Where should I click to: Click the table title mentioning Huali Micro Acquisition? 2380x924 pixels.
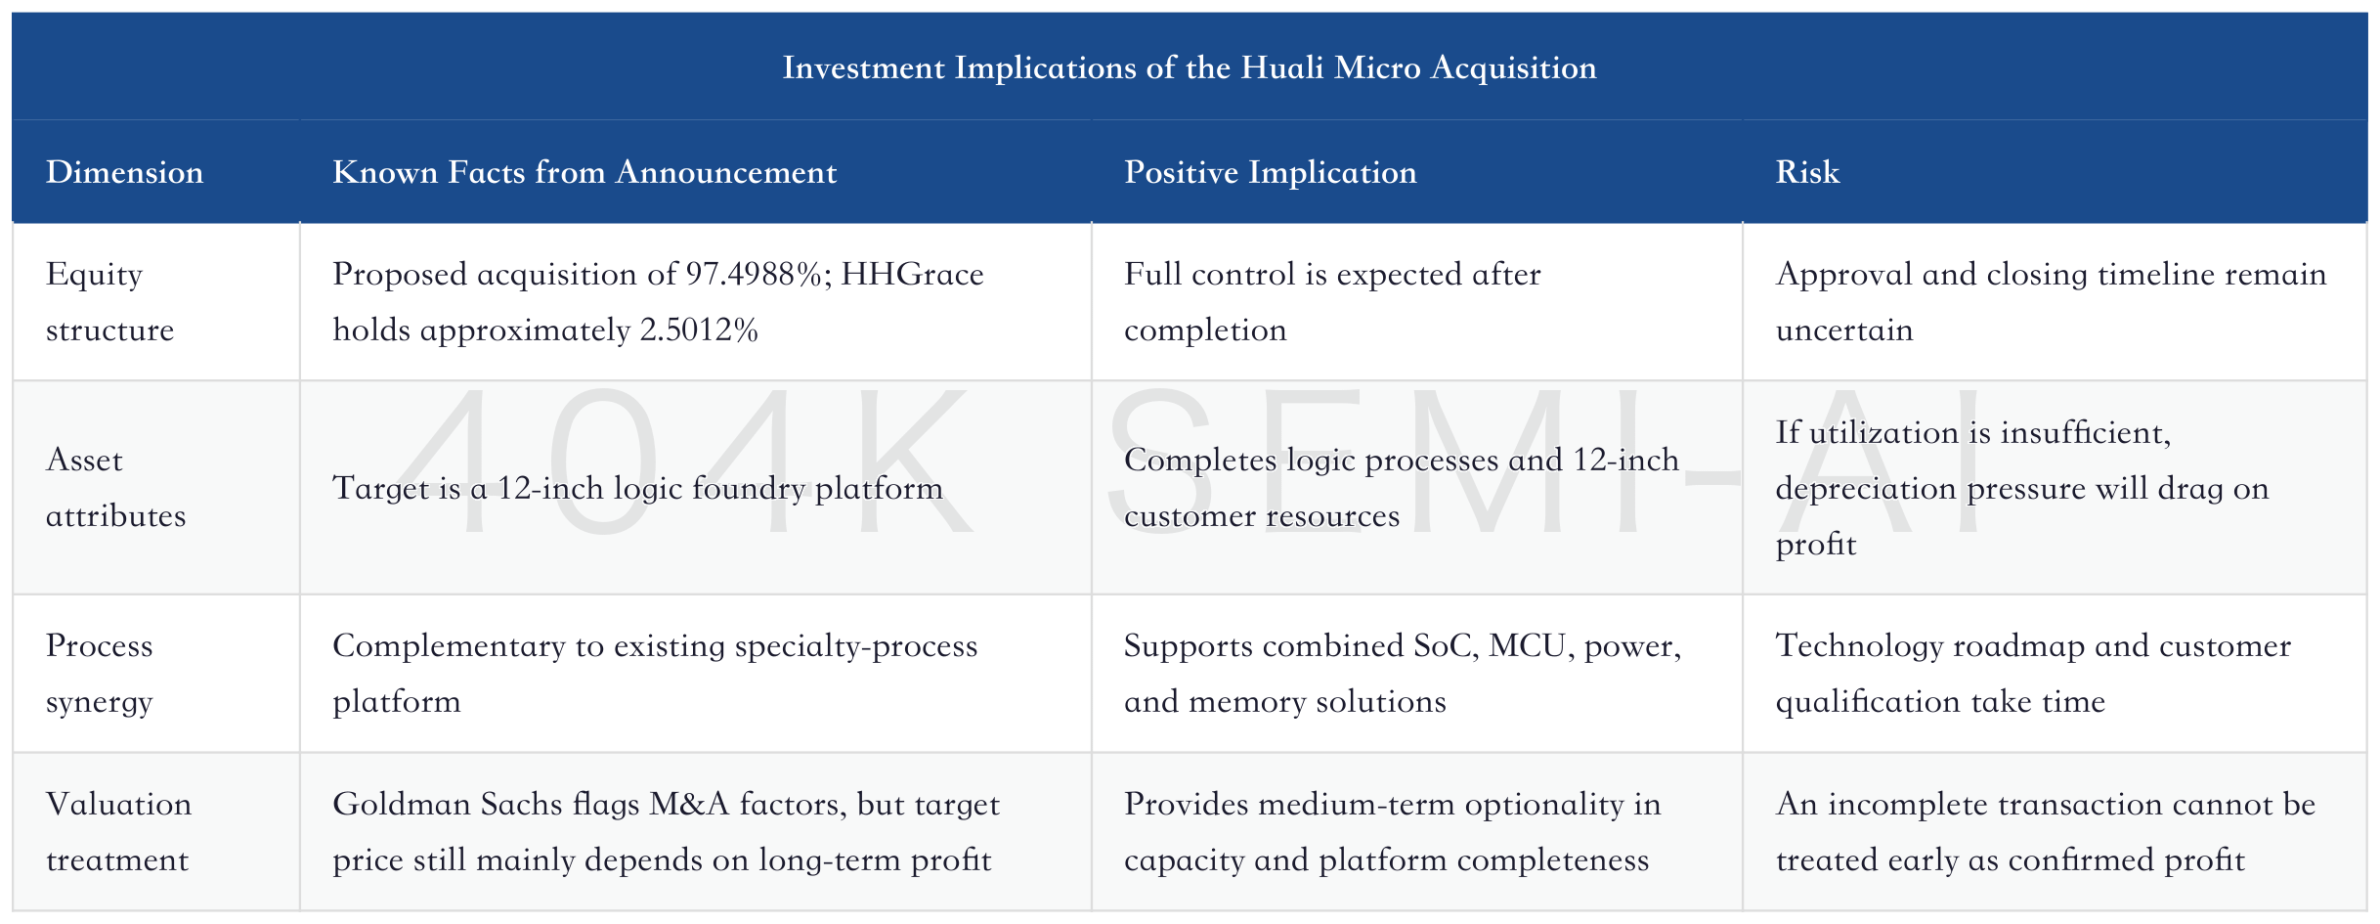coord(1190,67)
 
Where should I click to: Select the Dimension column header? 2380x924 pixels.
coord(124,172)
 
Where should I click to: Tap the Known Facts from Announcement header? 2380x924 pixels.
coord(584,172)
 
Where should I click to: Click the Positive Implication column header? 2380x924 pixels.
coord(1270,172)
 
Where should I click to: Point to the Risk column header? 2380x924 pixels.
coord(1807,172)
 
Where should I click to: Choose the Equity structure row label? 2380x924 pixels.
coord(109,302)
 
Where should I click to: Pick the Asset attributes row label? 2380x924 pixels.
coord(115,488)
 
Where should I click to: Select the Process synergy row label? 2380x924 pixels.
coord(100,674)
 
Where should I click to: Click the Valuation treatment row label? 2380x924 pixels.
coord(118,832)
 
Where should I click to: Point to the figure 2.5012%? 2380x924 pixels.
coord(699,330)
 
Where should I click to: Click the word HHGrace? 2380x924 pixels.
coord(912,275)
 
